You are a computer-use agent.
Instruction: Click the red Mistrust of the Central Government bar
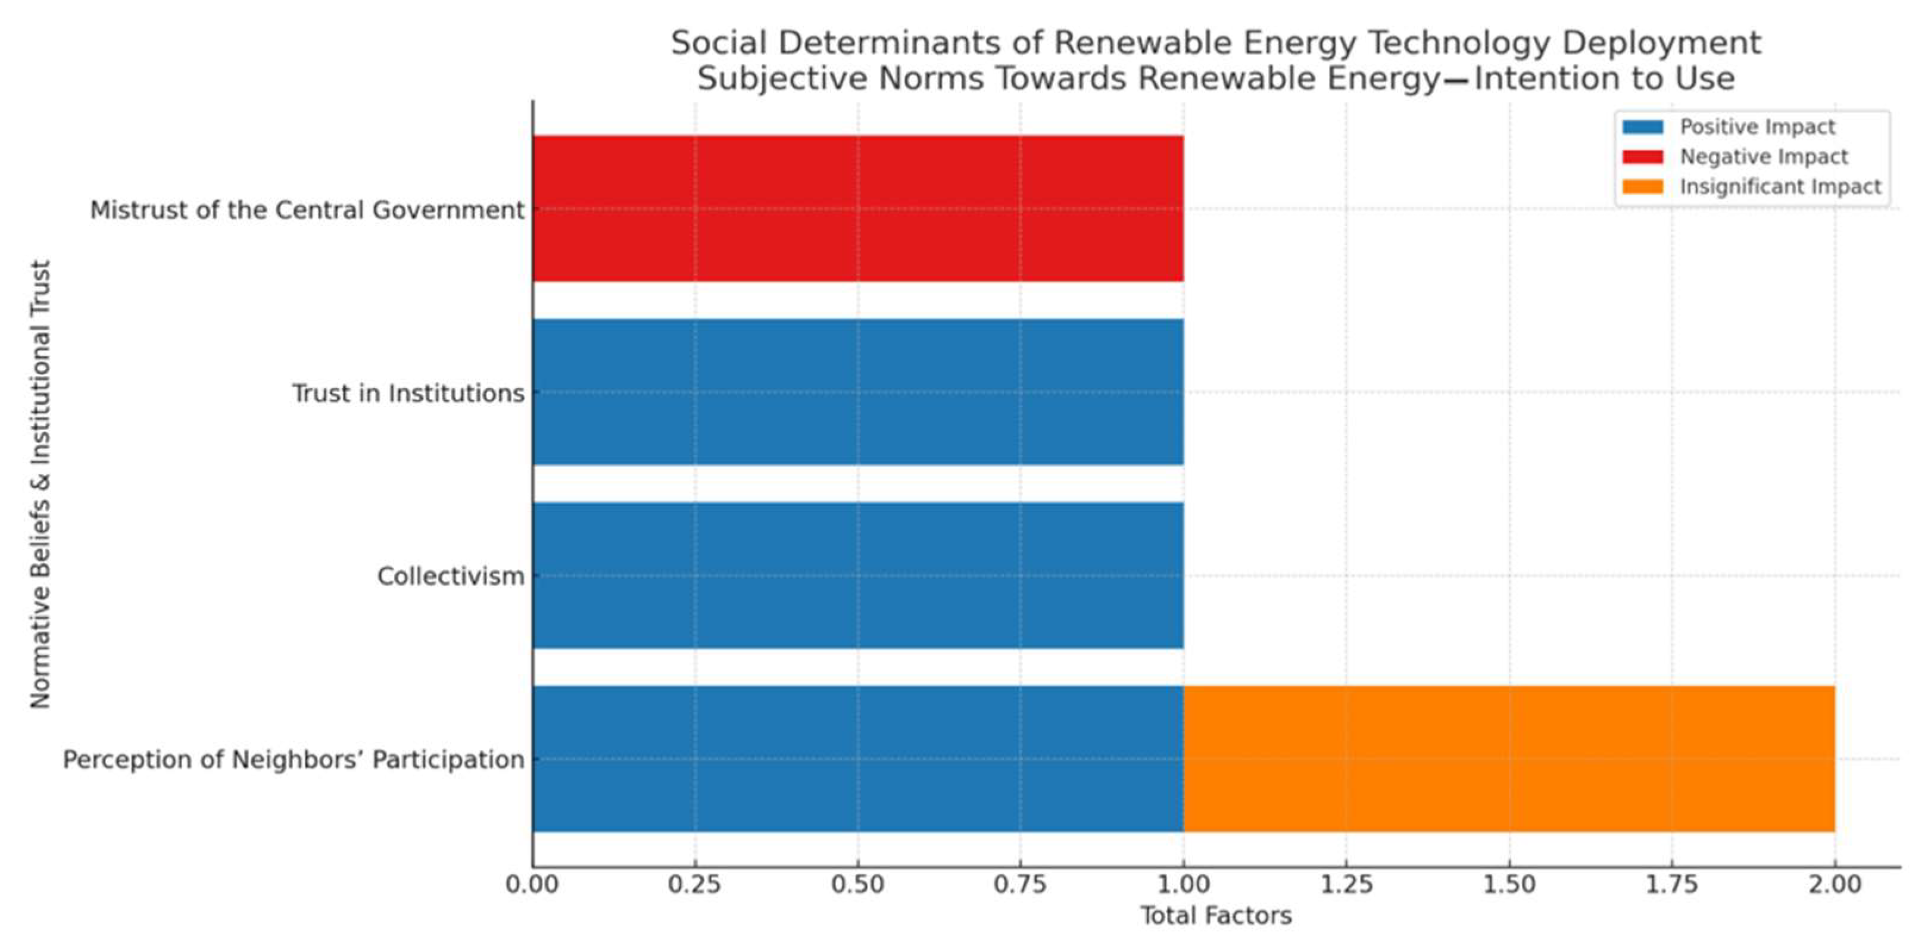click(x=858, y=208)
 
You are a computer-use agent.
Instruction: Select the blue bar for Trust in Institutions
click(x=858, y=392)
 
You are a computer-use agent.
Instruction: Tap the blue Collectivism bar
click(x=858, y=575)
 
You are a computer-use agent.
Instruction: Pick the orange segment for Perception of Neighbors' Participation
click(x=1509, y=758)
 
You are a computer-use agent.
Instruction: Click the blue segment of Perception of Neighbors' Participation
click(x=858, y=758)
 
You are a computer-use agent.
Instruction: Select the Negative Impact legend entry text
click(x=1764, y=157)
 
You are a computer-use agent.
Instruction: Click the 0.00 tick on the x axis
click(x=532, y=885)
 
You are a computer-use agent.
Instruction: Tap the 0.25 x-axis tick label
click(x=695, y=885)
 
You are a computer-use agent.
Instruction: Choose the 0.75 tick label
click(x=1021, y=885)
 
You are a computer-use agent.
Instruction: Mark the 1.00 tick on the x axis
click(x=1184, y=885)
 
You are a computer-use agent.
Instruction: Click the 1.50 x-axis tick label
click(x=1509, y=885)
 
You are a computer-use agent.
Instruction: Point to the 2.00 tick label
click(x=1834, y=885)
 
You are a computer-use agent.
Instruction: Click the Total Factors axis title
click(x=1216, y=916)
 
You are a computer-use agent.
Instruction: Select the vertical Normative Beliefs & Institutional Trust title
click(x=40, y=484)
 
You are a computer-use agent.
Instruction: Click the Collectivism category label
click(x=451, y=576)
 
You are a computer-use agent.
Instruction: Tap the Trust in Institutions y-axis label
click(x=408, y=393)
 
